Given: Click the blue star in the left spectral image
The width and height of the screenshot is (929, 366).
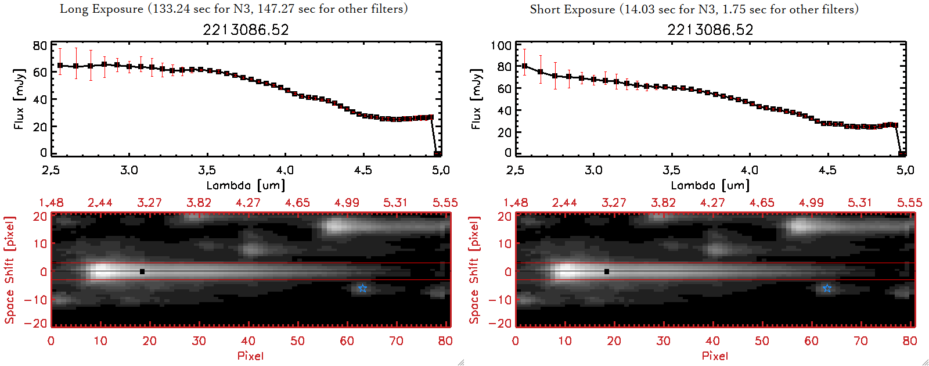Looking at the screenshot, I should tap(362, 288).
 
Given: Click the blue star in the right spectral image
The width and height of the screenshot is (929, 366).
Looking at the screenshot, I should tap(827, 288).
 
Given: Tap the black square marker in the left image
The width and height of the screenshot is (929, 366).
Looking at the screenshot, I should tap(142, 271).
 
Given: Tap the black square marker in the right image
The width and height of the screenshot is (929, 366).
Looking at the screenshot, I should tap(607, 271).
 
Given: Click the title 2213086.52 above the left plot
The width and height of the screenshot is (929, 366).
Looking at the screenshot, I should tap(246, 30).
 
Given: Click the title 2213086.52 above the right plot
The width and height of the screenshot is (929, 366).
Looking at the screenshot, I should tap(710, 30).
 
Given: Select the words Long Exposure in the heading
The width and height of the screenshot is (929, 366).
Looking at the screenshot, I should tap(102, 9).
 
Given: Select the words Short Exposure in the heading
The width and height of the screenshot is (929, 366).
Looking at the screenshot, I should tap(572, 9).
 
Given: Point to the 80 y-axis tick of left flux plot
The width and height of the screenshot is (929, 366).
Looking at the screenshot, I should tap(40, 45).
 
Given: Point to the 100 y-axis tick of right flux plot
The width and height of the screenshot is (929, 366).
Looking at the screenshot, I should tap(501, 45).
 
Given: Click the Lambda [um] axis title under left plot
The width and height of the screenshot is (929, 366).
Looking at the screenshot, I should tap(246, 185).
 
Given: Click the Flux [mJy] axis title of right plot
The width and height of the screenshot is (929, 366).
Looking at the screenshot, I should tap(477, 99).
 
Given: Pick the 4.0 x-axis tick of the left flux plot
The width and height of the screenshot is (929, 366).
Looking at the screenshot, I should tap(285, 170).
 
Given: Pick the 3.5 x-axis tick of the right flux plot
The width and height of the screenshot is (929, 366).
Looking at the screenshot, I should tap(671, 170).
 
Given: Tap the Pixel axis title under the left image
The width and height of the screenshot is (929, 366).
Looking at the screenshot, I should tap(250, 356).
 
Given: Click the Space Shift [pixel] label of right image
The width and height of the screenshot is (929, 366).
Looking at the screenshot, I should tap(474, 270).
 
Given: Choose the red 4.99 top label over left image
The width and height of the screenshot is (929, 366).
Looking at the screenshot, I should tap(347, 203).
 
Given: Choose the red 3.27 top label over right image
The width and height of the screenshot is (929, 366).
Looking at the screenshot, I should tap(614, 203).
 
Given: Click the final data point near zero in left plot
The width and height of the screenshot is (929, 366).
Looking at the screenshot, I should tap(437, 154).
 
